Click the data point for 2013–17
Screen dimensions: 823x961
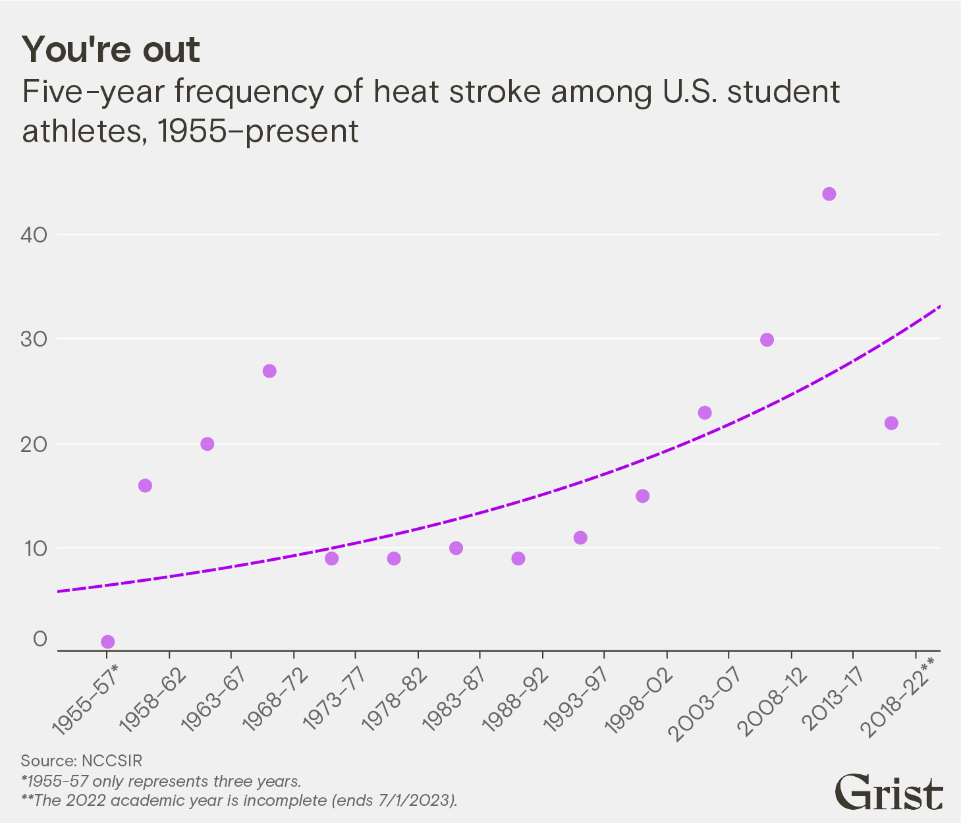pyautogui.click(x=829, y=194)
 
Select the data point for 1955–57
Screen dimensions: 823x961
pyautogui.click(x=108, y=642)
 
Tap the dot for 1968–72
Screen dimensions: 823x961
pyautogui.click(x=269, y=371)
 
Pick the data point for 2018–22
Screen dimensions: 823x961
pyautogui.click(x=891, y=423)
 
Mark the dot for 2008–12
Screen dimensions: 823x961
pyautogui.click(x=767, y=340)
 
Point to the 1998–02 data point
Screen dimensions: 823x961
pyautogui.click(x=642, y=496)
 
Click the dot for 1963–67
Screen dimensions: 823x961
pyautogui.click(x=207, y=444)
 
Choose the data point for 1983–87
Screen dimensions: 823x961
pyautogui.click(x=456, y=548)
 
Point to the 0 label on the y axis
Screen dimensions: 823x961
pyautogui.click(x=41, y=639)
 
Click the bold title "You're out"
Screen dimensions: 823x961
pyautogui.click(x=111, y=50)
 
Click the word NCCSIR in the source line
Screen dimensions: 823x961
pyautogui.click(x=111, y=760)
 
